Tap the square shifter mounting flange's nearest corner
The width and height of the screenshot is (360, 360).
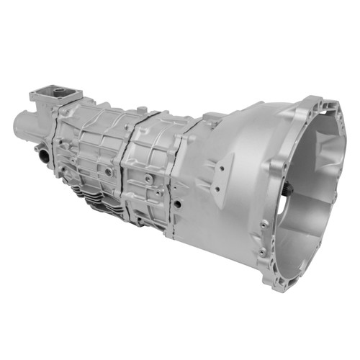coord(72,101)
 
